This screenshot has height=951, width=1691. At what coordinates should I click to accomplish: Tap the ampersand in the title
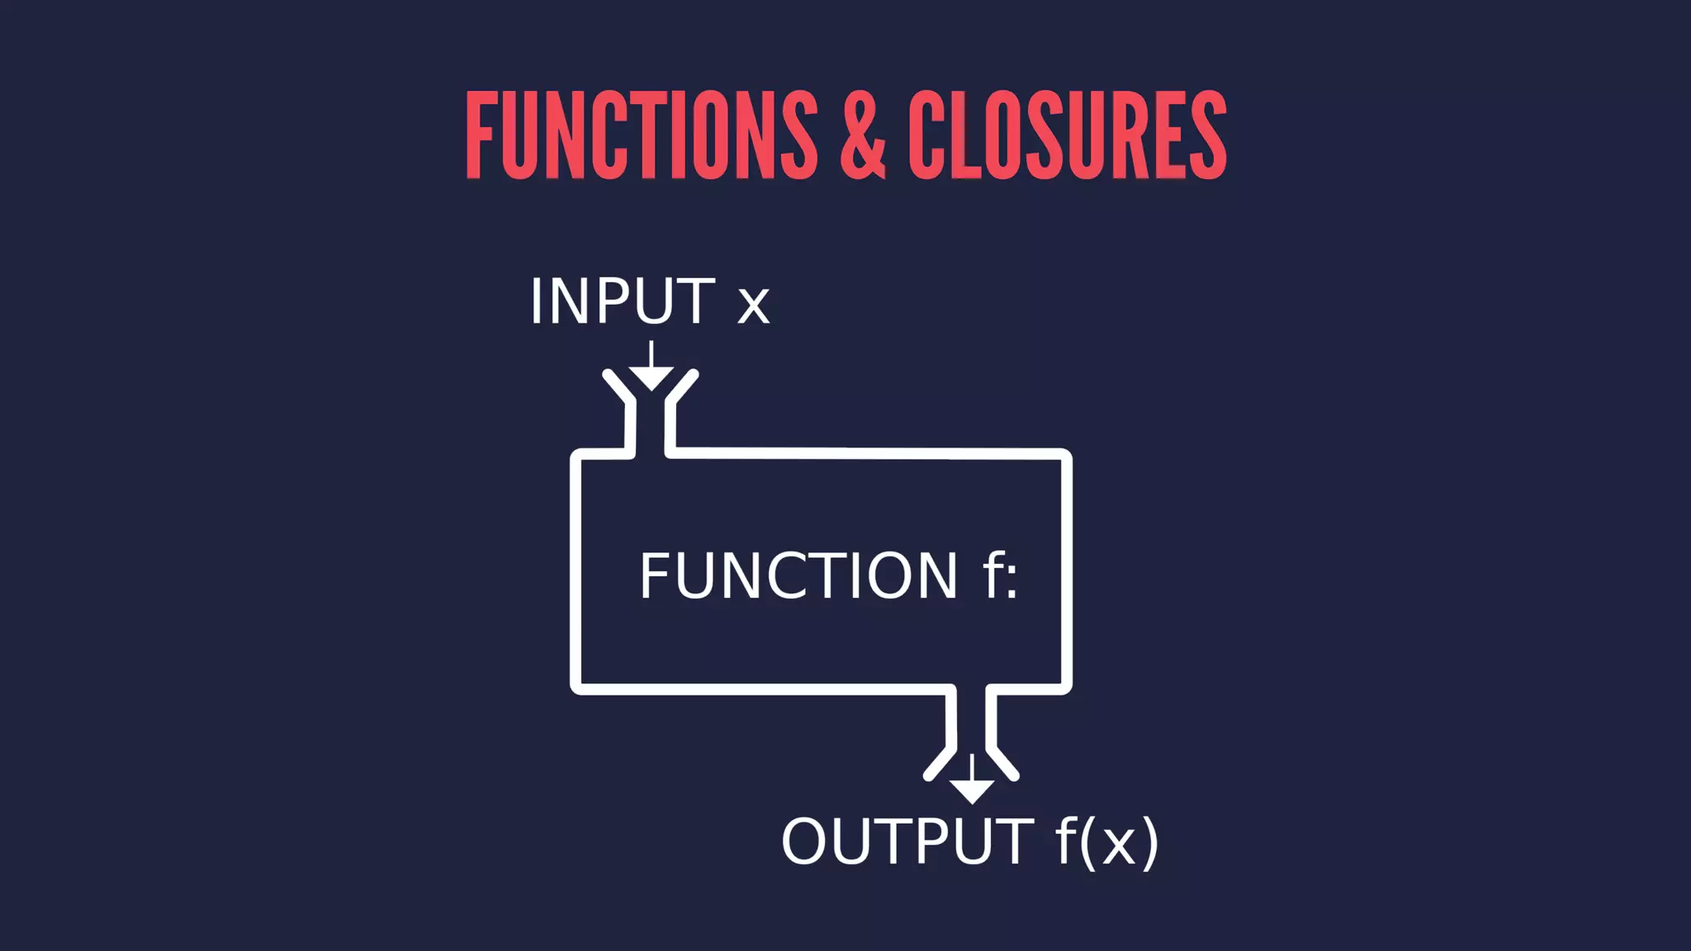pyautogui.click(x=863, y=136)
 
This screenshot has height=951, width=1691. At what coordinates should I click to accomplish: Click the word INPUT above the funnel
pyautogui.click(x=622, y=301)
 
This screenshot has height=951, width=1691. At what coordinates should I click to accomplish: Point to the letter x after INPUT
pyautogui.click(x=753, y=305)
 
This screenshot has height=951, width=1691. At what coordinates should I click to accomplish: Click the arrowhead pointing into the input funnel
pyautogui.click(x=651, y=378)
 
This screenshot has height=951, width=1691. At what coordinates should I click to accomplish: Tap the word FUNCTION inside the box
pyautogui.click(x=798, y=575)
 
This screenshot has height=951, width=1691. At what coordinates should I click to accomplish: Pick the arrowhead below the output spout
pyautogui.click(x=972, y=791)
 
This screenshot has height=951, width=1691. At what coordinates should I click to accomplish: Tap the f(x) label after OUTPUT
pyautogui.click(x=1107, y=842)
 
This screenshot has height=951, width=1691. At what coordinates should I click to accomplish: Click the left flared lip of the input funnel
pyautogui.click(x=618, y=387)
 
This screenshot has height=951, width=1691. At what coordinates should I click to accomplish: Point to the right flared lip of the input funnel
pyautogui.click(x=683, y=387)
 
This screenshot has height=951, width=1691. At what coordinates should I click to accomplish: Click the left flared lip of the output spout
pyautogui.click(x=940, y=764)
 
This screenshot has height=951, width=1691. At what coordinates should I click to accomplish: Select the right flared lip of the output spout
pyautogui.click(x=1003, y=764)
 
